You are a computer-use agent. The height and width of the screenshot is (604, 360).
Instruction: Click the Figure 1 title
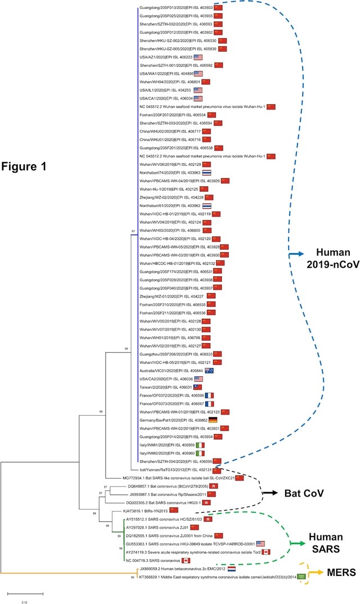coord(33,167)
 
